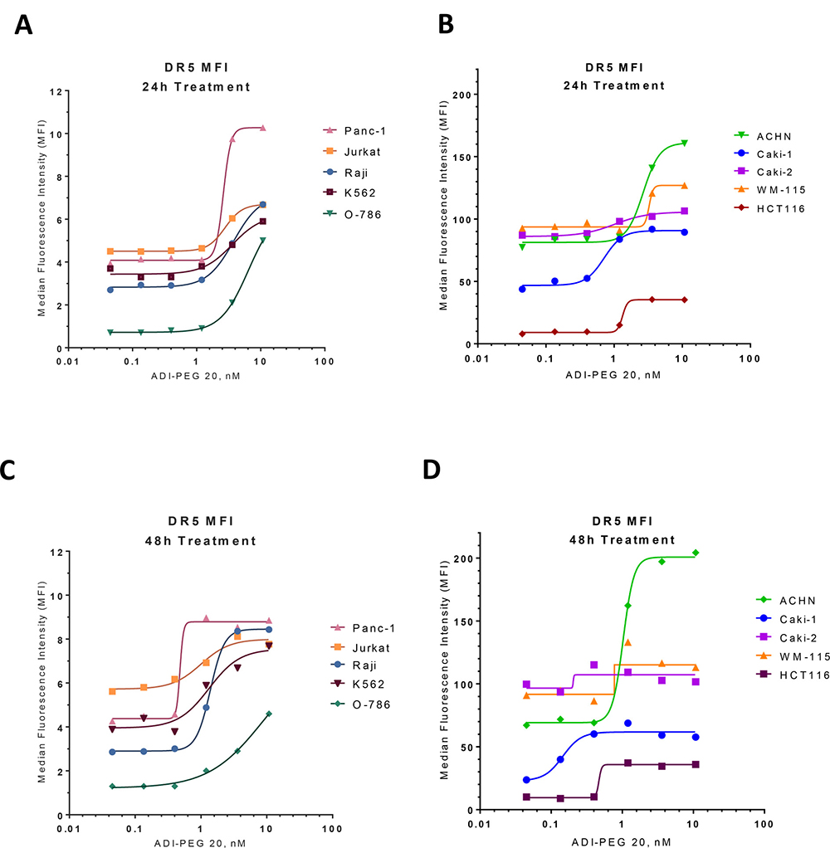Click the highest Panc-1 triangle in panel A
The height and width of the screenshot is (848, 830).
[262, 128]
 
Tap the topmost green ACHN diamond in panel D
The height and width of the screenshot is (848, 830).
[696, 553]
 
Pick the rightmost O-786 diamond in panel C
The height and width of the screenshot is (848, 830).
[269, 714]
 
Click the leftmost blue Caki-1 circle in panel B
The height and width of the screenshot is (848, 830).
[522, 289]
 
